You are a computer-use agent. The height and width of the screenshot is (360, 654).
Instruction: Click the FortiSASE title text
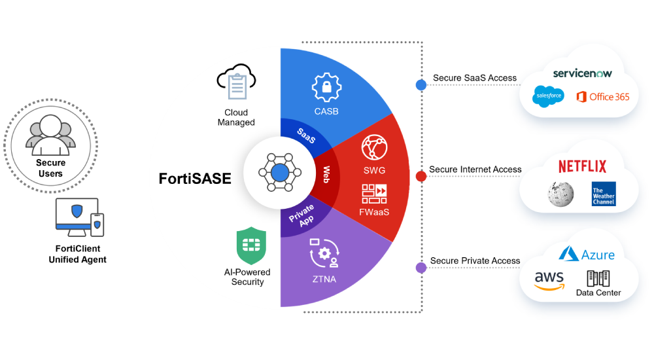coord(195,179)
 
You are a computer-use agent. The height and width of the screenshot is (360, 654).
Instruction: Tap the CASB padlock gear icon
coord(326,87)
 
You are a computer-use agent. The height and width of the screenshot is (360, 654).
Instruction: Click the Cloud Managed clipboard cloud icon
coord(235,83)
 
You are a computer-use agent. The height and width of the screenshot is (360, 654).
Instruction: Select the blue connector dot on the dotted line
coord(421,85)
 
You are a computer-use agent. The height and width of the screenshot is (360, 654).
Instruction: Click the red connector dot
coord(421,176)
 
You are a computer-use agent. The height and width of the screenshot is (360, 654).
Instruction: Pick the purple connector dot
coord(421,267)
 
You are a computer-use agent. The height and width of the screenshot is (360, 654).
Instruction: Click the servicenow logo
coord(582,73)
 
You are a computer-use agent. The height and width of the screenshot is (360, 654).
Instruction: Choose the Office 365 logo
coord(602,97)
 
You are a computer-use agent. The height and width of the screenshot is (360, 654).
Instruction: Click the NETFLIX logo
coord(582,166)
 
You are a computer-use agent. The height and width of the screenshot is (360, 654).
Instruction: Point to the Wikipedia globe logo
coord(560,193)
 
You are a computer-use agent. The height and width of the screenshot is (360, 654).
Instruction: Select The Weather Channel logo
coord(603,194)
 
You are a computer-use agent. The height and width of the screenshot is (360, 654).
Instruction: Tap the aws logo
coord(549,280)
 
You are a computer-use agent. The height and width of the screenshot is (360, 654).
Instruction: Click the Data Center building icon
coord(598,278)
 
